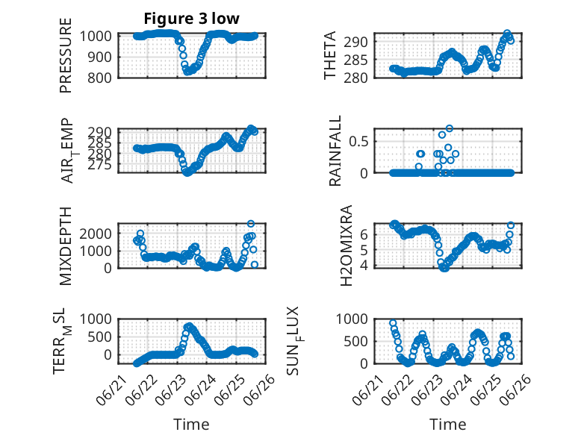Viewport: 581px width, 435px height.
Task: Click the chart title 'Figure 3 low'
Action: coord(192,19)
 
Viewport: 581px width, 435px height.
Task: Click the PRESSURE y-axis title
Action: coord(65,55)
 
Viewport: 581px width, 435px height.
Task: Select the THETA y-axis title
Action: coord(329,55)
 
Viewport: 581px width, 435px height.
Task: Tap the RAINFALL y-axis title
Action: coord(335,151)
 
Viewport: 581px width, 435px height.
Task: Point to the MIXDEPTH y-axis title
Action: coord(65,245)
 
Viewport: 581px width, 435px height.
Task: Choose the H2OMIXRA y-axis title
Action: coord(346,245)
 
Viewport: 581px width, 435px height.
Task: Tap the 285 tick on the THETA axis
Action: coord(355,60)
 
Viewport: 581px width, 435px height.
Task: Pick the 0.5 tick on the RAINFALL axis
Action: coord(358,142)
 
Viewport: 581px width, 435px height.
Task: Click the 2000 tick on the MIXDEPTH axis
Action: coord(96,234)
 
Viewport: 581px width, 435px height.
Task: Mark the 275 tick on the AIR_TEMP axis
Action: coord(99,164)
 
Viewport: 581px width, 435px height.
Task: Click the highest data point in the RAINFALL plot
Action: coord(450,128)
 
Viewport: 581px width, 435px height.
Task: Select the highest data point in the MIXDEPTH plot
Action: coord(251,224)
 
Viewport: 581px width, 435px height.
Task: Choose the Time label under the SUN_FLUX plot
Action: coord(447,425)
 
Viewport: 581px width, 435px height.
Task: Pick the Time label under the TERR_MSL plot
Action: coord(192,425)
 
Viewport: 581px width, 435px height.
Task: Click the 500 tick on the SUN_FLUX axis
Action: coord(355,341)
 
